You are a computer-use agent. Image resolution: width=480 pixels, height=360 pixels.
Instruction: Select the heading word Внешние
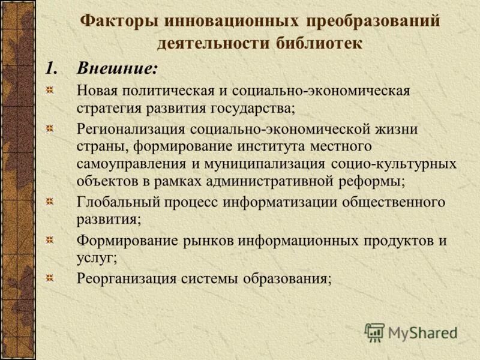click(x=117, y=68)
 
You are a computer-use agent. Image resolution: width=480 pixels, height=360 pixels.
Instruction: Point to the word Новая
click(x=98, y=91)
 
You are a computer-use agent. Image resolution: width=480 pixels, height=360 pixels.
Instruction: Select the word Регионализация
click(x=132, y=129)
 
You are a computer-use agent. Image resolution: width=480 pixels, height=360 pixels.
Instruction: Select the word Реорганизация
click(x=127, y=278)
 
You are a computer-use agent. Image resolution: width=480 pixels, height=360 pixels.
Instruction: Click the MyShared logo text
click(x=422, y=332)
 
